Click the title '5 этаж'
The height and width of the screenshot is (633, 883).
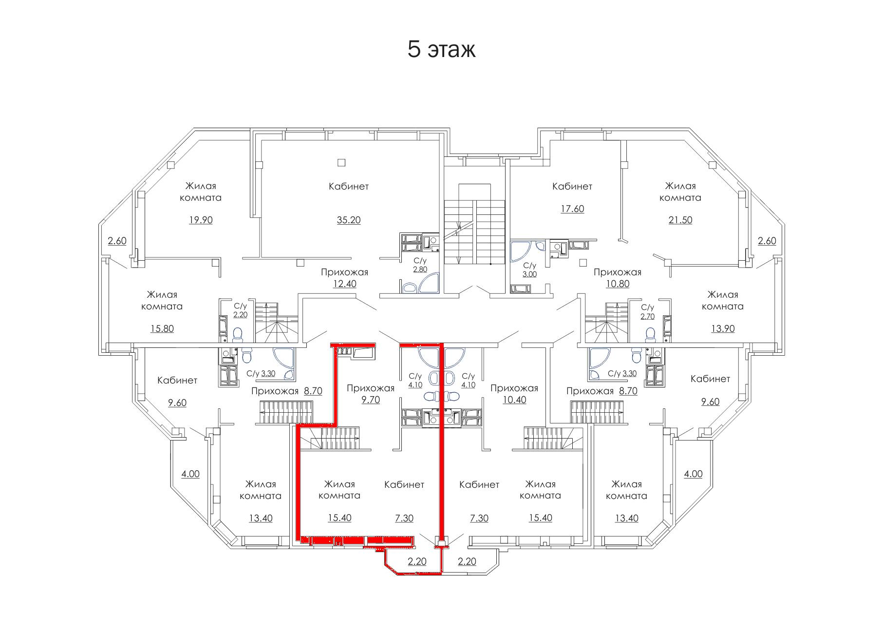441,50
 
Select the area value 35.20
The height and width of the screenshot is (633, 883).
349,220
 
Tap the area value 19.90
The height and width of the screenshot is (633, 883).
201,220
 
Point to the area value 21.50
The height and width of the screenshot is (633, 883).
680,220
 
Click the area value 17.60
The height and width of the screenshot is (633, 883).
572,209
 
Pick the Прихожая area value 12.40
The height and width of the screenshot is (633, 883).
344,284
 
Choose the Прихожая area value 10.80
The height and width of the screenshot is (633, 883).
617,284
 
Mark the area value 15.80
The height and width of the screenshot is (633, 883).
162,329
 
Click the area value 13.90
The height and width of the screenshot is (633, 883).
723,329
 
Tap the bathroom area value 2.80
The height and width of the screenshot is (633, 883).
420,269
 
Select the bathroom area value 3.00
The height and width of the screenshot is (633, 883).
529,274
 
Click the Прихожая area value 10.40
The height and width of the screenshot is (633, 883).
514,400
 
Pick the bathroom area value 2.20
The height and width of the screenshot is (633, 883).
241,315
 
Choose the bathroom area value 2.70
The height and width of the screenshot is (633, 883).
647,316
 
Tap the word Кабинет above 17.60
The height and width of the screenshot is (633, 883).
572,186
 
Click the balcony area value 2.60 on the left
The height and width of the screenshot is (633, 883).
117,241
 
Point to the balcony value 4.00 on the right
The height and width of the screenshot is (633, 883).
693,474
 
